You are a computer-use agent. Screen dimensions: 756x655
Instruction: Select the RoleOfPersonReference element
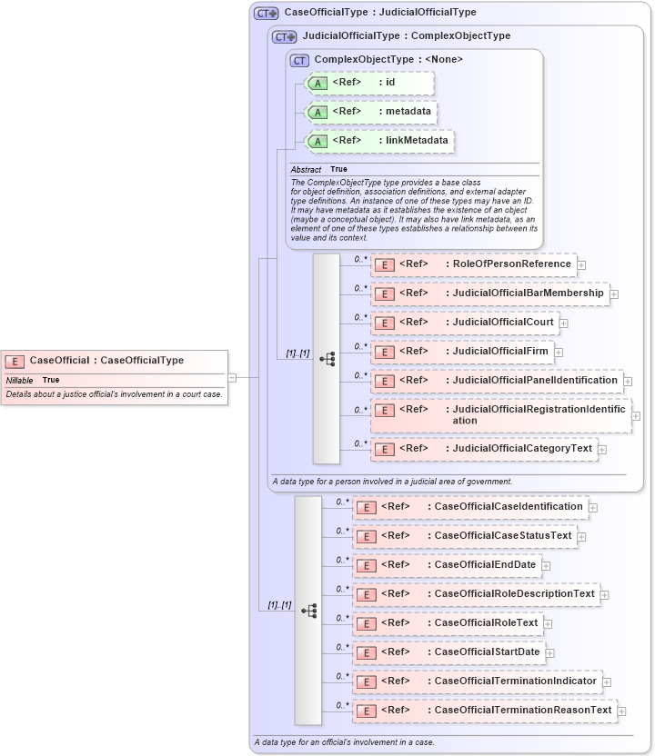[473, 264]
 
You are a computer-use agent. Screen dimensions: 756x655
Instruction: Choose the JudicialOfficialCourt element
[464, 323]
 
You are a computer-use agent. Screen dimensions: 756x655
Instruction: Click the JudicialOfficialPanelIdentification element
[496, 381]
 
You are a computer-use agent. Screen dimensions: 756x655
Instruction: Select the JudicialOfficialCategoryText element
[483, 449]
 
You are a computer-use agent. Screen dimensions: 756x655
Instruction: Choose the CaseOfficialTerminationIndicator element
[477, 681]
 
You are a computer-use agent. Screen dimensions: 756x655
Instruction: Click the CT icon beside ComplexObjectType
[299, 60]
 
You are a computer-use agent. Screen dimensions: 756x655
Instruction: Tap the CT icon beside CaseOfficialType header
[266, 13]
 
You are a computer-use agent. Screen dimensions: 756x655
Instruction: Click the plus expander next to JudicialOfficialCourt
[564, 323]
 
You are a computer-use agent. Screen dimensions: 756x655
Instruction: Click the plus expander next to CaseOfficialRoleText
[548, 623]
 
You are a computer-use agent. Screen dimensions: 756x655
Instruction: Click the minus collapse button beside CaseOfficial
[233, 376]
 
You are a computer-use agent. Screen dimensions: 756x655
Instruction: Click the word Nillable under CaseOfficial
[20, 380]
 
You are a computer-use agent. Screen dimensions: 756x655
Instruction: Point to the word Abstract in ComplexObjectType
[306, 170]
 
